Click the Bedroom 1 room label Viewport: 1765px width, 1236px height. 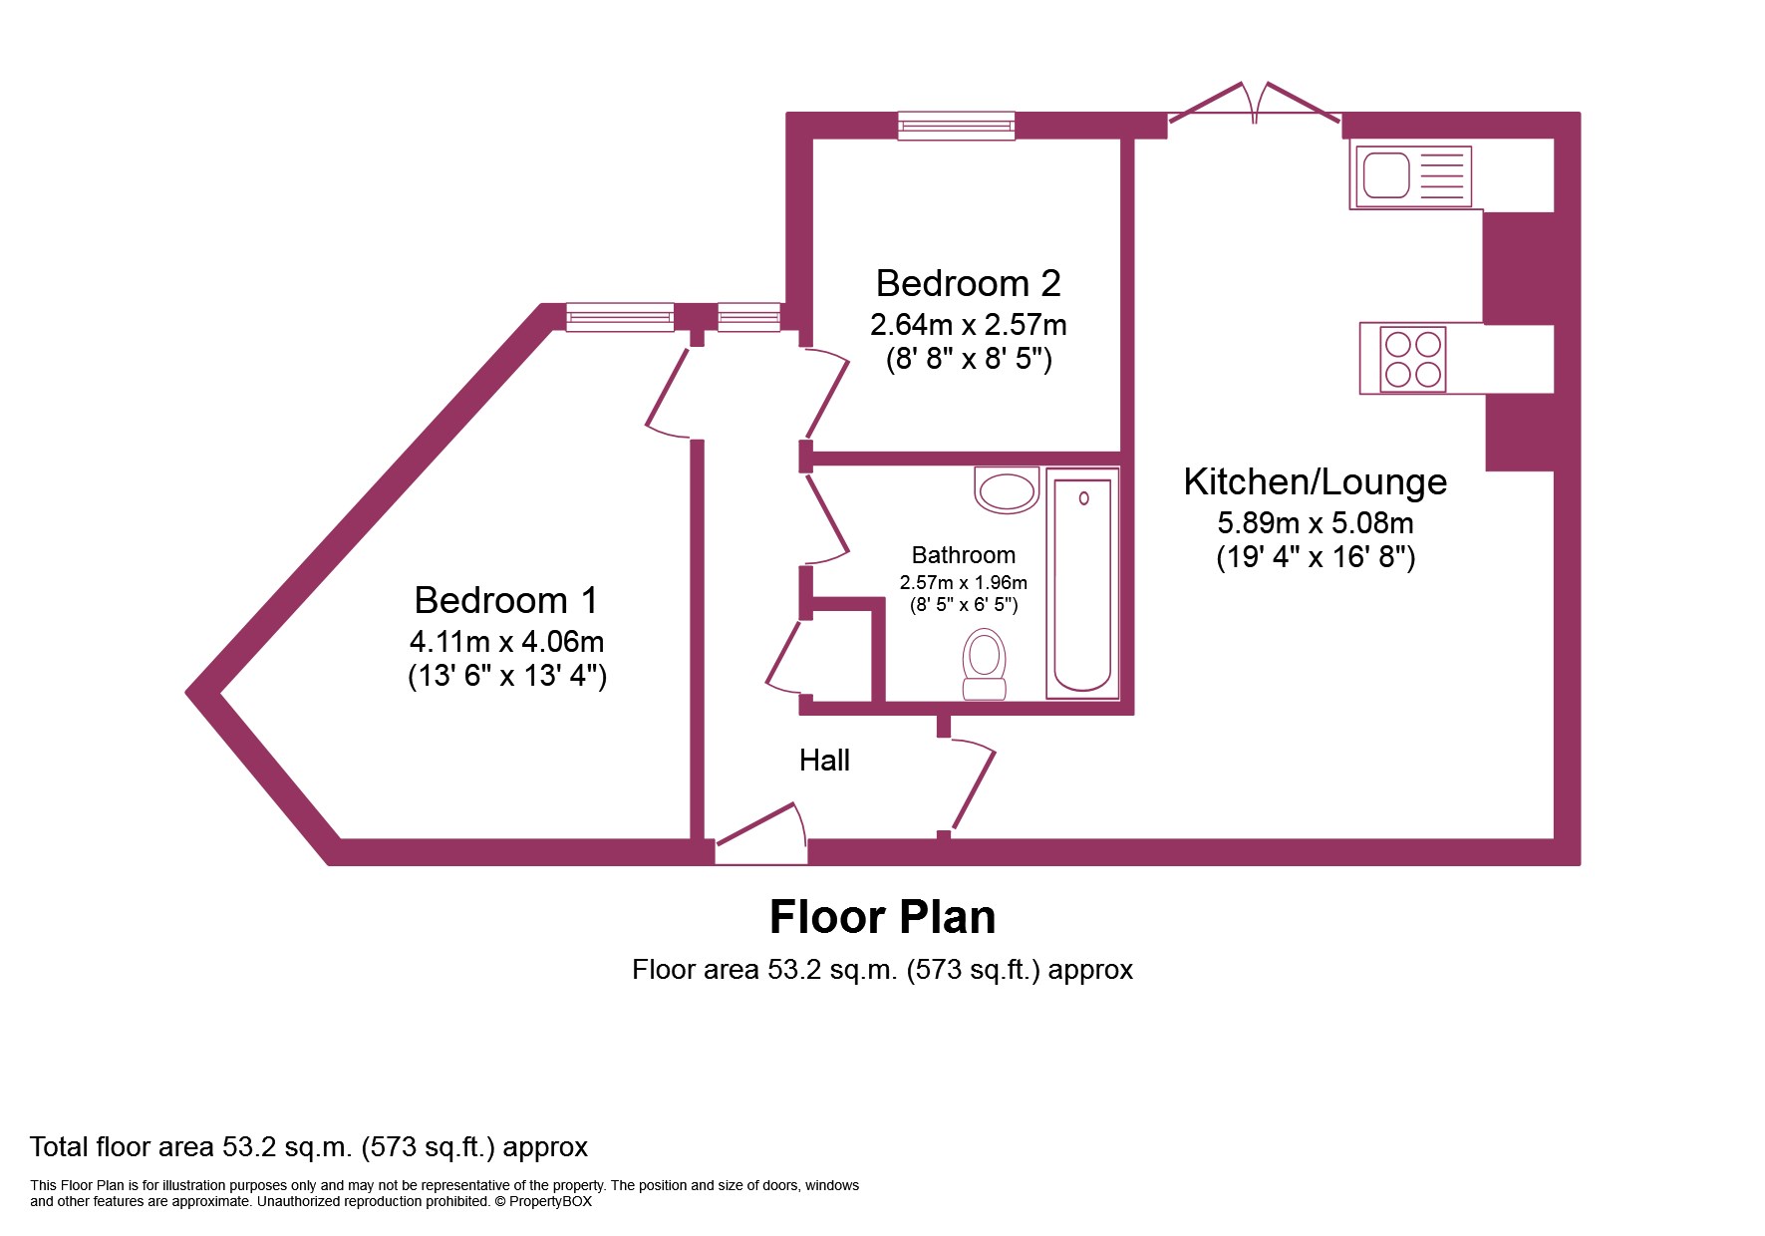tap(505, 600)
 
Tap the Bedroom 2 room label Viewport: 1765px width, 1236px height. tap(968, 283)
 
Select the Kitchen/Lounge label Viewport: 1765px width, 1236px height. tap(1315, 482)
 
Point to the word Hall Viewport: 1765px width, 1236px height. tap(824, 761)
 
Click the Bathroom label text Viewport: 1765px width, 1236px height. tap(964, 555)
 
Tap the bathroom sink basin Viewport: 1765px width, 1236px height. tap(1007, 490)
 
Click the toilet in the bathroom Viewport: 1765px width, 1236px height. tap(985, 664)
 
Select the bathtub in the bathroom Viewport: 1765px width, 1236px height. tap(1082, 583)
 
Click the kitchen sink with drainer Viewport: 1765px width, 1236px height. tap(1411, 177)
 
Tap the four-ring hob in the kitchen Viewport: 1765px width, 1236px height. tap(1413, 359)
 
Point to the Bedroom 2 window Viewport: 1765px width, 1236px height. tap(956, 126)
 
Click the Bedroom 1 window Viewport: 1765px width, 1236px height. tap(620, 317)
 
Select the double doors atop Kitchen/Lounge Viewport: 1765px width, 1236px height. tap(1254, 104)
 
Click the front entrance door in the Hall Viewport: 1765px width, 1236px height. tap(760, 835)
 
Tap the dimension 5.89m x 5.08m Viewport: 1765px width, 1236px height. tap(1315, 523)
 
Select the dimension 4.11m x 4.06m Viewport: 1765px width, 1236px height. tap(506, 642)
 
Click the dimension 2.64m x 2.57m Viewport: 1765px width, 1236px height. tap(968, 325)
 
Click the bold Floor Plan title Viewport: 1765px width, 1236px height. tap(882, 917)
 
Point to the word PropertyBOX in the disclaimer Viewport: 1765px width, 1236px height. tap(550, 1201)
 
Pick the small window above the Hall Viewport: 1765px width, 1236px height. tap(748, 317)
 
